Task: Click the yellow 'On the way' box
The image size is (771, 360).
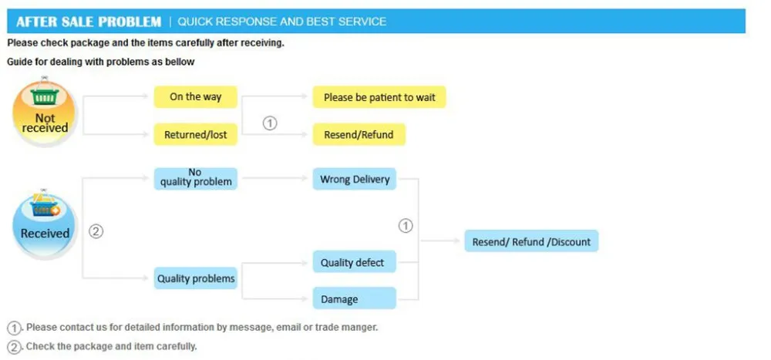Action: [x=196, y=97]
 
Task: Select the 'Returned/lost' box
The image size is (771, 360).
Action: [x=196, y=135]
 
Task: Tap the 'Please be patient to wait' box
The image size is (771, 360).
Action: [x=379, y=97]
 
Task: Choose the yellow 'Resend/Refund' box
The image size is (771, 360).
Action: [x=359, y=135]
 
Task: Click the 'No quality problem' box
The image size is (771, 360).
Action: [x=196, y=179]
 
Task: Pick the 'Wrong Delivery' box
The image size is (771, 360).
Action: [x=355, y=179]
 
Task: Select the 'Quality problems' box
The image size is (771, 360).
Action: [x=196, y=278]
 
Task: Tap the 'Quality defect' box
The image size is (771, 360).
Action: [x=355, y=261]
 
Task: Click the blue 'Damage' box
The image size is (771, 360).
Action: [x=355, y=298]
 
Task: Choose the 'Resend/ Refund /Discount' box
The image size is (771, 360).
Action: [x=531, y=241]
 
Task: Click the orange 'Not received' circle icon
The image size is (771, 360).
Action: [x=44, y=113]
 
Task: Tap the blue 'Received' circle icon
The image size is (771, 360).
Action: [x=44, y=226]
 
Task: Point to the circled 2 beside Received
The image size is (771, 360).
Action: [x=96, y=231]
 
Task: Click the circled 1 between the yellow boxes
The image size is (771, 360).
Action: [x=270, y=123]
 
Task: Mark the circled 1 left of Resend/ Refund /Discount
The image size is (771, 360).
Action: [x=406, y=226]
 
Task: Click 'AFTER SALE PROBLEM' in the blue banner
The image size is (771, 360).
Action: [x=89, y=22]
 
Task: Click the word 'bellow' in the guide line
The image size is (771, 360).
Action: [x=181, y=62]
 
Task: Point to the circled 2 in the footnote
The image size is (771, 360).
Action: [x=14, y=347]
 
